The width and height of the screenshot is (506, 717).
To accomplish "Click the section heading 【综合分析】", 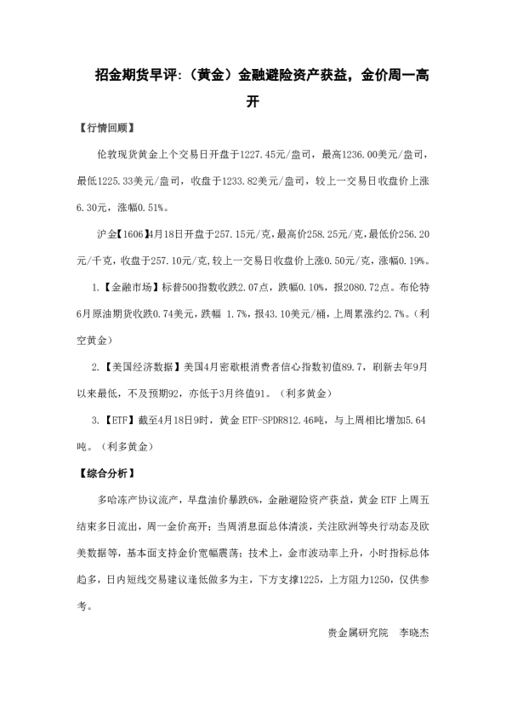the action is pyautogui.click(x=104, y=470).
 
